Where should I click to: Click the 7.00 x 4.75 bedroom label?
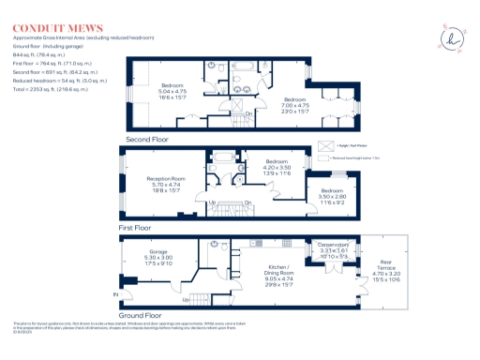[x=295, y=104]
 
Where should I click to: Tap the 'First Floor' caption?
[x=137, y=227]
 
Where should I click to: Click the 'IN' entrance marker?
[x=116, y=294]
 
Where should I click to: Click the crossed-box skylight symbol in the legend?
[x=326, y=146]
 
